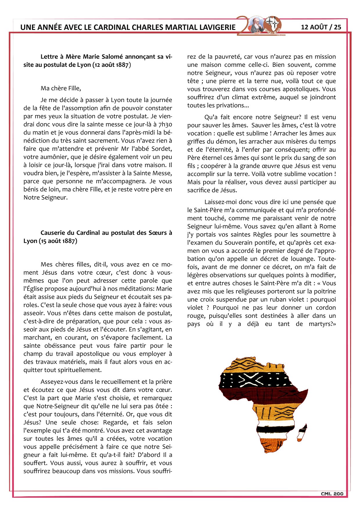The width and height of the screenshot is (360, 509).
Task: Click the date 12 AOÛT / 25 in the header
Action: click(321, 27)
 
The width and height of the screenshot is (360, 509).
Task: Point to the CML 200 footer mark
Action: click(332, 494)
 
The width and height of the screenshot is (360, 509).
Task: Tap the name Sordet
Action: click(161, 149)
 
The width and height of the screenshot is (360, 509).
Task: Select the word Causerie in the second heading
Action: click(53, 233)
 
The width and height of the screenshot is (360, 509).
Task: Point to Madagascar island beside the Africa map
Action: click(303, 433)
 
